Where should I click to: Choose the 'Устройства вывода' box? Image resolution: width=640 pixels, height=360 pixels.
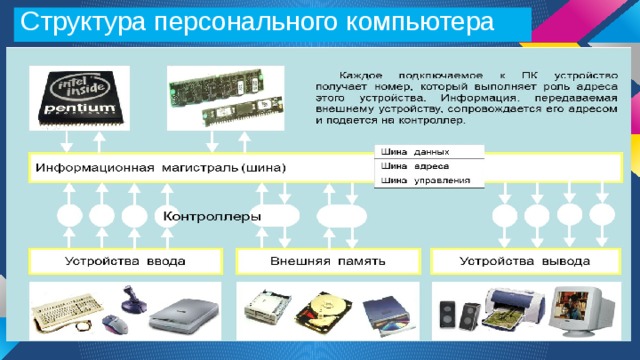pos(524,261)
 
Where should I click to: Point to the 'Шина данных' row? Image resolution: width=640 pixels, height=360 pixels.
pos(427,151)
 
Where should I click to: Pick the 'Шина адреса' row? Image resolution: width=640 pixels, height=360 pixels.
pos(427,166)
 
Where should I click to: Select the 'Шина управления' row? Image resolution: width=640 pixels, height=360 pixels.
pos(427,181)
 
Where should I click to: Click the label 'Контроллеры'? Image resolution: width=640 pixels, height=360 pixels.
pos(212,215)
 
